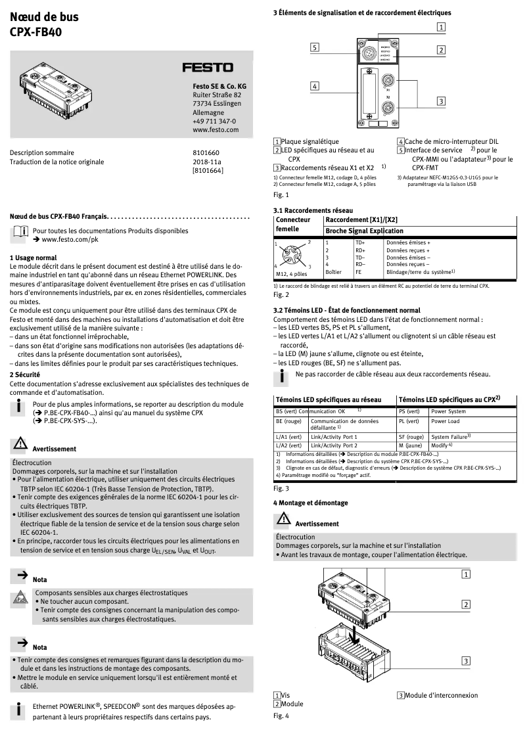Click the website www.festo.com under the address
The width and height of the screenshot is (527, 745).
tap(215, 130)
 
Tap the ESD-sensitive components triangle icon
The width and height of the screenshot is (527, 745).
tap(20, 599)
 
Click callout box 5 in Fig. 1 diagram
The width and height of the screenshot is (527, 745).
tap(315, 47)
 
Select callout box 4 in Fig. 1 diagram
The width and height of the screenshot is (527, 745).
tap(315, 86)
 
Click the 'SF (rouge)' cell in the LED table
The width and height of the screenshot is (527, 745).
tap(411, 436)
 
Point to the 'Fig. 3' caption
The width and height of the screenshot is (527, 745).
tap(281, 489)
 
